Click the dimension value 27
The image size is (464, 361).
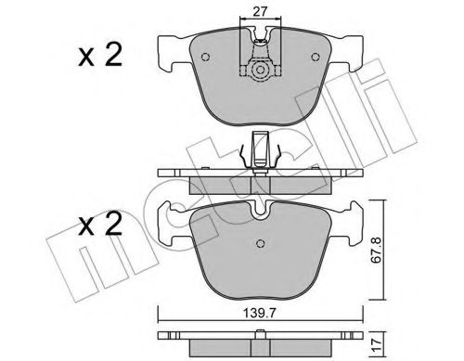[x=260, y=12]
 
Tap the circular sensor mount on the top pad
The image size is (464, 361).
[x=260, y=71]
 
